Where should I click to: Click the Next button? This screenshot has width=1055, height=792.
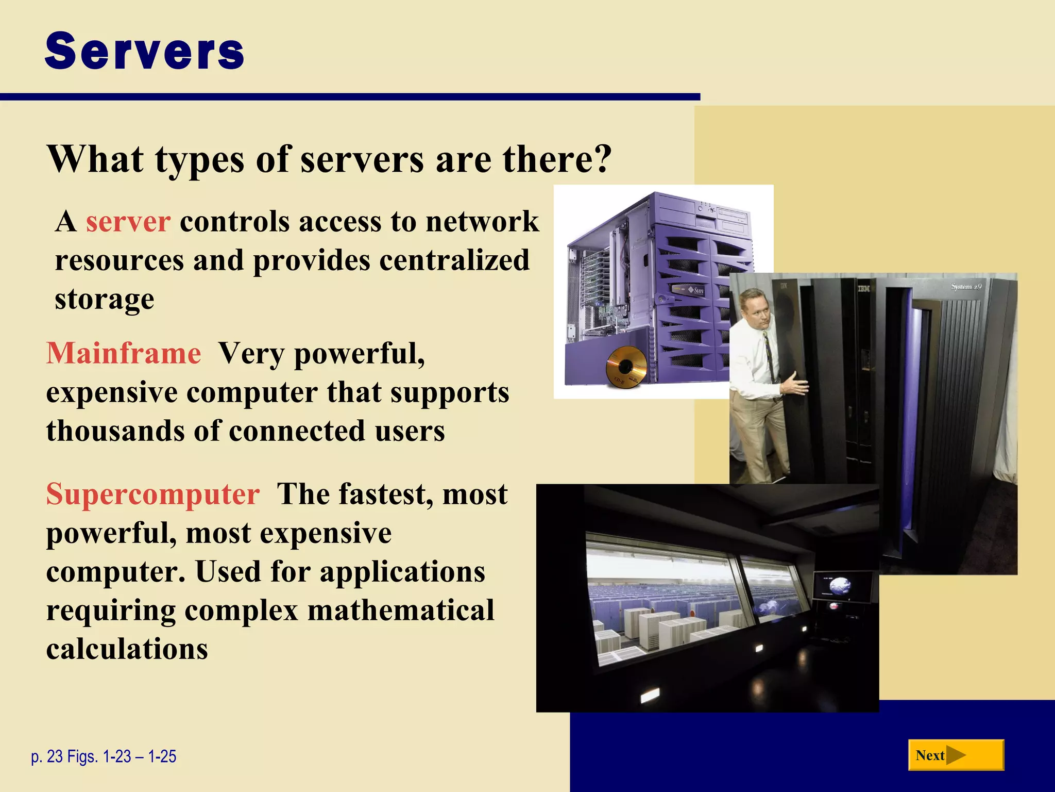956,755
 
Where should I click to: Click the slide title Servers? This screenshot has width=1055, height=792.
144,51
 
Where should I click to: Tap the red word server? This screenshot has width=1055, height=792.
128,222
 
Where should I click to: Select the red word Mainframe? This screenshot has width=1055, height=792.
124,354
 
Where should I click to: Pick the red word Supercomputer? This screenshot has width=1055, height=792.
153,494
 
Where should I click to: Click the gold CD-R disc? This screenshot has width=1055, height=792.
625,366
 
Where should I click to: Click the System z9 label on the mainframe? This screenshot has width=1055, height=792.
966,286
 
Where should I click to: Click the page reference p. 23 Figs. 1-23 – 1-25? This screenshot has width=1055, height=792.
104,756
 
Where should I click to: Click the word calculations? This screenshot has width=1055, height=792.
127,649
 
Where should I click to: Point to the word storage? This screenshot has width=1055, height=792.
105,299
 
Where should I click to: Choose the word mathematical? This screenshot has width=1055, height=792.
401,610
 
